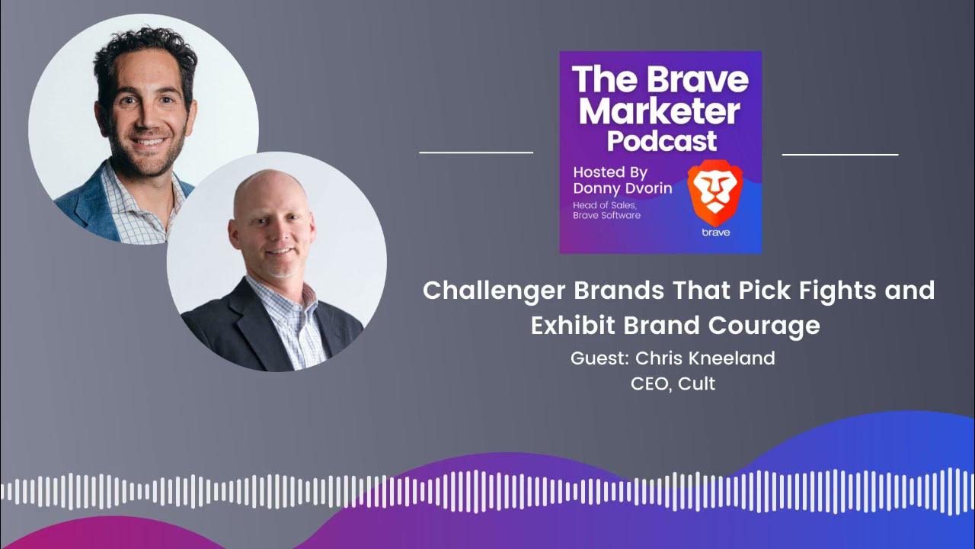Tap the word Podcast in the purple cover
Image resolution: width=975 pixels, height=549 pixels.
pos(661,141)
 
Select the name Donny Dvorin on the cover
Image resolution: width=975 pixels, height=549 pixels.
pos(622,188)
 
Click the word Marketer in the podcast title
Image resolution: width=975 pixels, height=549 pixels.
pos(660,112)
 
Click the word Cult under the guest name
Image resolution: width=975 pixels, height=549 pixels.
pos(697,384)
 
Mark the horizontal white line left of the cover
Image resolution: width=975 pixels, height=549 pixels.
pos(476,152)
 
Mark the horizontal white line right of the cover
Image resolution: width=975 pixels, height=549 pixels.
pos(840,154)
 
